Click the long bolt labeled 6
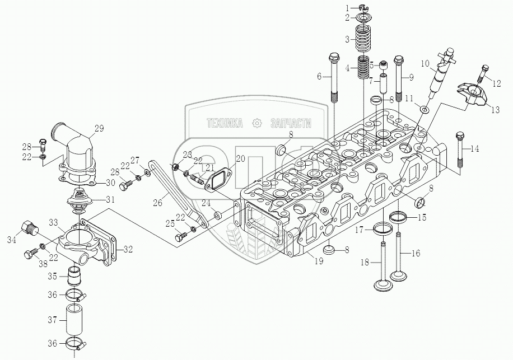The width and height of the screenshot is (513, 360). tap(334, 78)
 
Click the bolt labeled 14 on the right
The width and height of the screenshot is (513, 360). tap(459, 149)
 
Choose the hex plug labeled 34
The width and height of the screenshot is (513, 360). tap(29, 228)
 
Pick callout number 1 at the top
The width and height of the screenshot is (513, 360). tap(347, 7)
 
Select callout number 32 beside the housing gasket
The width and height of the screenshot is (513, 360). tap(128, 249)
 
